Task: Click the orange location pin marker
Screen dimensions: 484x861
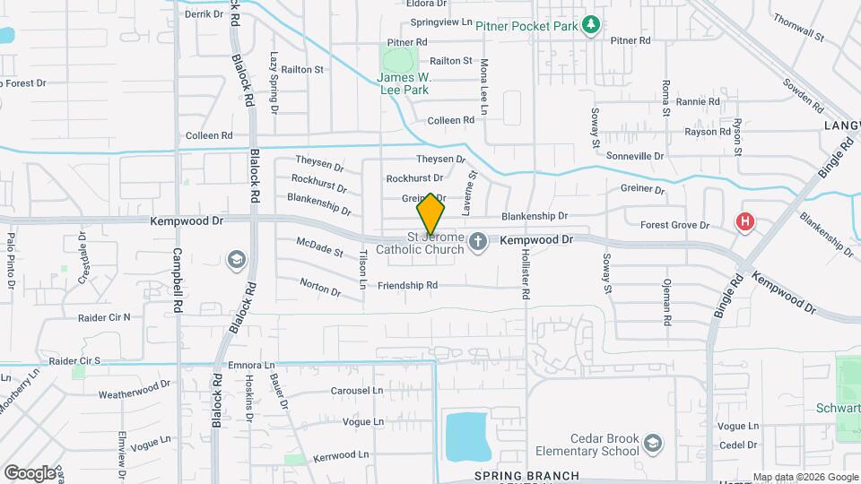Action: pos(430,214)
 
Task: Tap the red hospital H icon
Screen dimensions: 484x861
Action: pos(744,220)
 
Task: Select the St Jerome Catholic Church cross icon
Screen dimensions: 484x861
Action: pos(478,240)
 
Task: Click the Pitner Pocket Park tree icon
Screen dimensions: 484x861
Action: pos(590,25)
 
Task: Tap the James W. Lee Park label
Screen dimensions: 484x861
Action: pos(404,83)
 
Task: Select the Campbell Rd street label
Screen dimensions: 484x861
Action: pos(178,280)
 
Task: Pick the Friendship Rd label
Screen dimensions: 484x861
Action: pos(407,286)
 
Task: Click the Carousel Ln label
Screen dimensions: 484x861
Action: pos(356,391)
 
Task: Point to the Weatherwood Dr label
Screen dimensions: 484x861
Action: pos(135,389)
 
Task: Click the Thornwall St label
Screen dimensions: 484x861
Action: pos(798,28)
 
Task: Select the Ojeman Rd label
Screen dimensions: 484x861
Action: pos(666,301)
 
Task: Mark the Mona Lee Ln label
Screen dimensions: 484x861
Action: pos(484,87)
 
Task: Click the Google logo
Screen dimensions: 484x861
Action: pos(30,472)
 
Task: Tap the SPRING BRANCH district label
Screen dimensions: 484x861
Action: pos(526,475)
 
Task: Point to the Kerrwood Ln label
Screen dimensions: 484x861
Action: pos(341,455)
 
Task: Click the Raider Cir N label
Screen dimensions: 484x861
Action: pos(103,316)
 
